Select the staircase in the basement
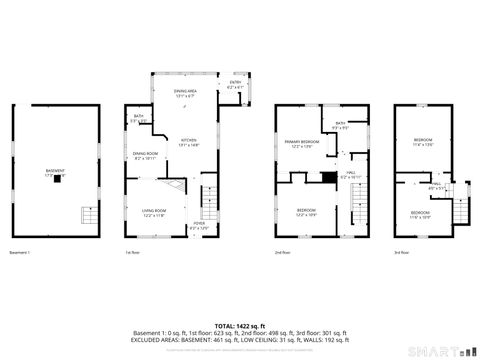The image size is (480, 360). [89, 218]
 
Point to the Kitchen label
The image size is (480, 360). [189, 142]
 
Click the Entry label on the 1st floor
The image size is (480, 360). [235, 86]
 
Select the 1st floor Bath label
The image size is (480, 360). [138, 119]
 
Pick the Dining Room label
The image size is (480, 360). [144, 155]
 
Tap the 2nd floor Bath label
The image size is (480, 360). [340, 125]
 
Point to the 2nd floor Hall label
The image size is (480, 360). [351, 174]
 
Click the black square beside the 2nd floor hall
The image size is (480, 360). [328, 178]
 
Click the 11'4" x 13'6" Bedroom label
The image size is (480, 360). [423, 142]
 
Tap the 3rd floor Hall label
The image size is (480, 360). [435, 185]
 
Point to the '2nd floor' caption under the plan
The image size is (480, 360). [282, 253]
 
